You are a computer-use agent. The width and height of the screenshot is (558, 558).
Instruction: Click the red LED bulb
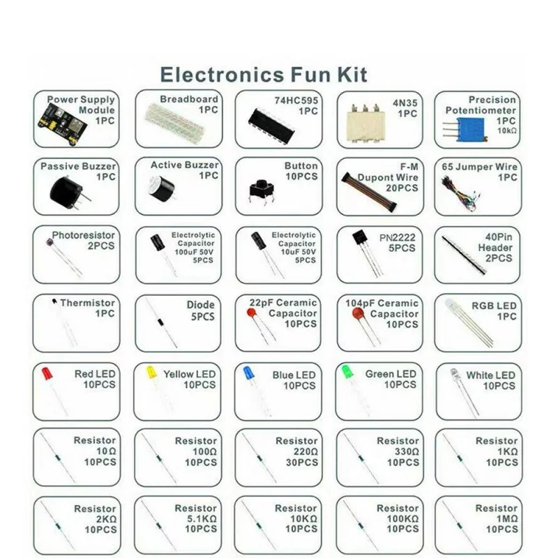click(x=47, y=373)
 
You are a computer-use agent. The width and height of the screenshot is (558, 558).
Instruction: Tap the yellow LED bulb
click(x=150, y=372)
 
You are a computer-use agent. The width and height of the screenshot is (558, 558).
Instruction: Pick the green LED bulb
click(x=347, y=371)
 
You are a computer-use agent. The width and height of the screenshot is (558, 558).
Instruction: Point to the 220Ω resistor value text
click(x=306, y=451)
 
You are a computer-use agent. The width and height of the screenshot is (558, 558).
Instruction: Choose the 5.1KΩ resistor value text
click(x=202, y=519)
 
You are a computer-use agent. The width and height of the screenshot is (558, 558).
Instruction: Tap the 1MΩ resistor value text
click(x=506, y=519)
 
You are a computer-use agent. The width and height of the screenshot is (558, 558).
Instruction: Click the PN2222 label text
click(x=398, y=238)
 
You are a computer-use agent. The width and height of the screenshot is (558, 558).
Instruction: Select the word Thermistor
click(x=87, y=303)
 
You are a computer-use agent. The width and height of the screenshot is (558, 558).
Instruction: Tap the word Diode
click(x=201, y=305)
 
